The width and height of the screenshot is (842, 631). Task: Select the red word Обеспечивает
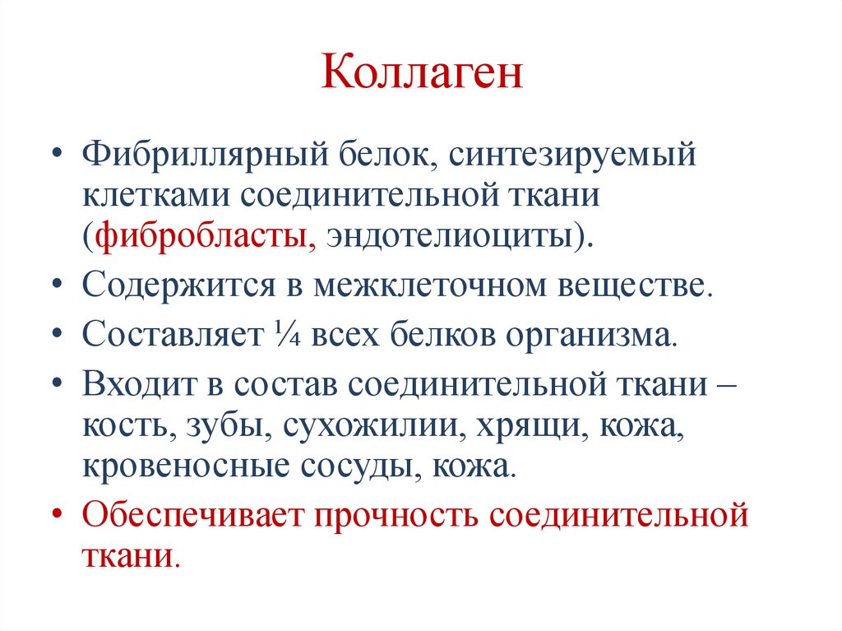[190, 516]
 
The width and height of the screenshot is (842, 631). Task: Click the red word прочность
[396, 516]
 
